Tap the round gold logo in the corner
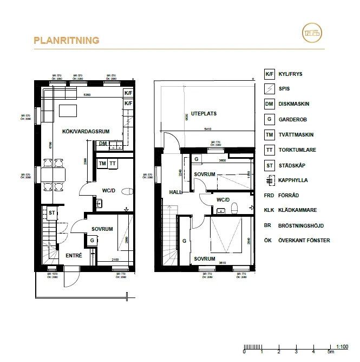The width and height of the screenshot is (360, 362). pos(313,33)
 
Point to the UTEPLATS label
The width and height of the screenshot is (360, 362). pos(204,114)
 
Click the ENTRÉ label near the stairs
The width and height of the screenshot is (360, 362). pos(74,255)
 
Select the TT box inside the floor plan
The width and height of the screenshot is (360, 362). pos(113,163)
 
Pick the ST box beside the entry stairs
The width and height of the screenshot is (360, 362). pos(52,213)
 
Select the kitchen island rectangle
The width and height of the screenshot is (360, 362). pos(67,111)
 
